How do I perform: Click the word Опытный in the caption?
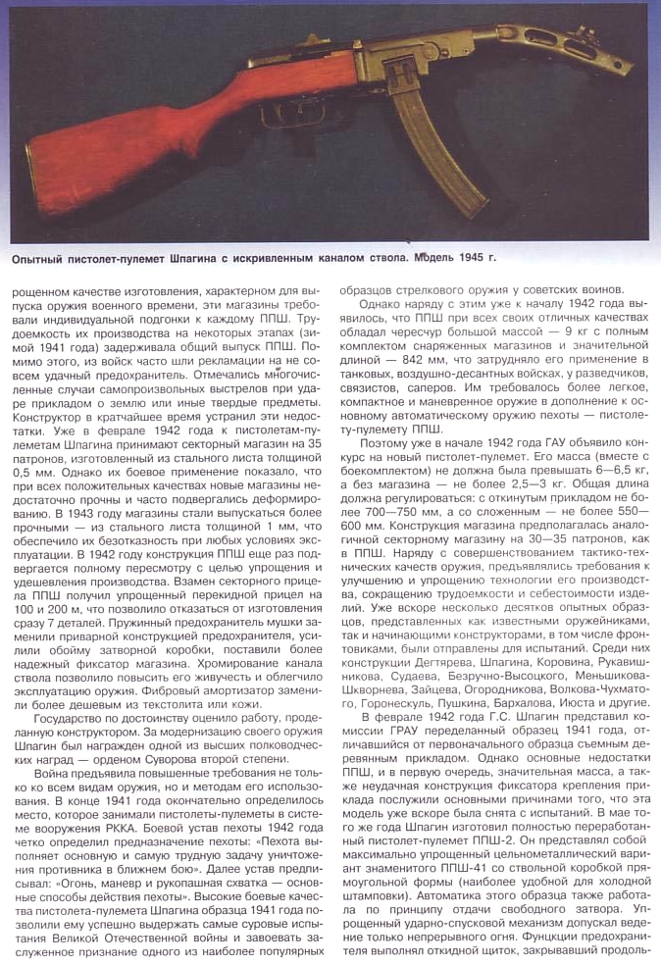(x=42, y=259)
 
